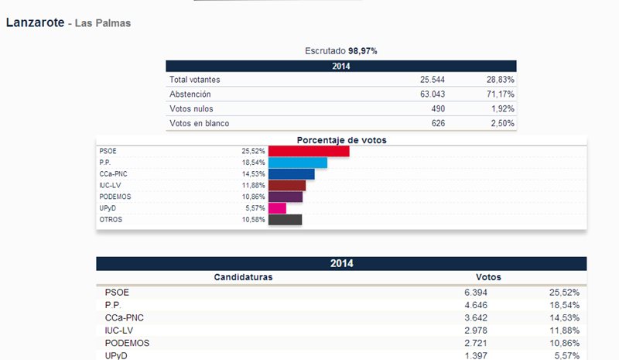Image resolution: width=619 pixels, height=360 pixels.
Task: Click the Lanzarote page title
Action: coord(35,22)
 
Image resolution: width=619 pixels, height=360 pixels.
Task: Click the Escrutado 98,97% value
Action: coord(363,51)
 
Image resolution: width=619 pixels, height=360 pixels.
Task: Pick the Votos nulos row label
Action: coord(191,109)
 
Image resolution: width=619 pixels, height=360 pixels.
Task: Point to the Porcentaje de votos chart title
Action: coord(341,140)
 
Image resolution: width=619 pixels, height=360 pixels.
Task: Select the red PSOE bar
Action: coord(308,151)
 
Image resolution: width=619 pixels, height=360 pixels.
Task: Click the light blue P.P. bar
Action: coord(297,163)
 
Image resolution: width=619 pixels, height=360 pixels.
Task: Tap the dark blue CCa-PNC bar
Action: coord(291,174)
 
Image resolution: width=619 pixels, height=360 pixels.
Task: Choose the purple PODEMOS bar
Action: coord(285,197)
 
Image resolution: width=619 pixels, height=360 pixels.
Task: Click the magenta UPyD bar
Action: coord(277,208)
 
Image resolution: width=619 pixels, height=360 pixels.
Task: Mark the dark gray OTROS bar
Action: coord(284,220)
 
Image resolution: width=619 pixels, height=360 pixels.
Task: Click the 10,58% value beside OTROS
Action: coord(253,220)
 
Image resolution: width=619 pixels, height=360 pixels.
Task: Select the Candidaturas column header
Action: coord(243,277)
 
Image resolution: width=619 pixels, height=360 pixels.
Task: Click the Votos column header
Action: coord(488,277)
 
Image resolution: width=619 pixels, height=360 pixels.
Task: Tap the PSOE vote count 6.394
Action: coord(474,293)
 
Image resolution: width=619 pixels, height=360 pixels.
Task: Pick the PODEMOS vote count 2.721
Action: coord(474,342)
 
